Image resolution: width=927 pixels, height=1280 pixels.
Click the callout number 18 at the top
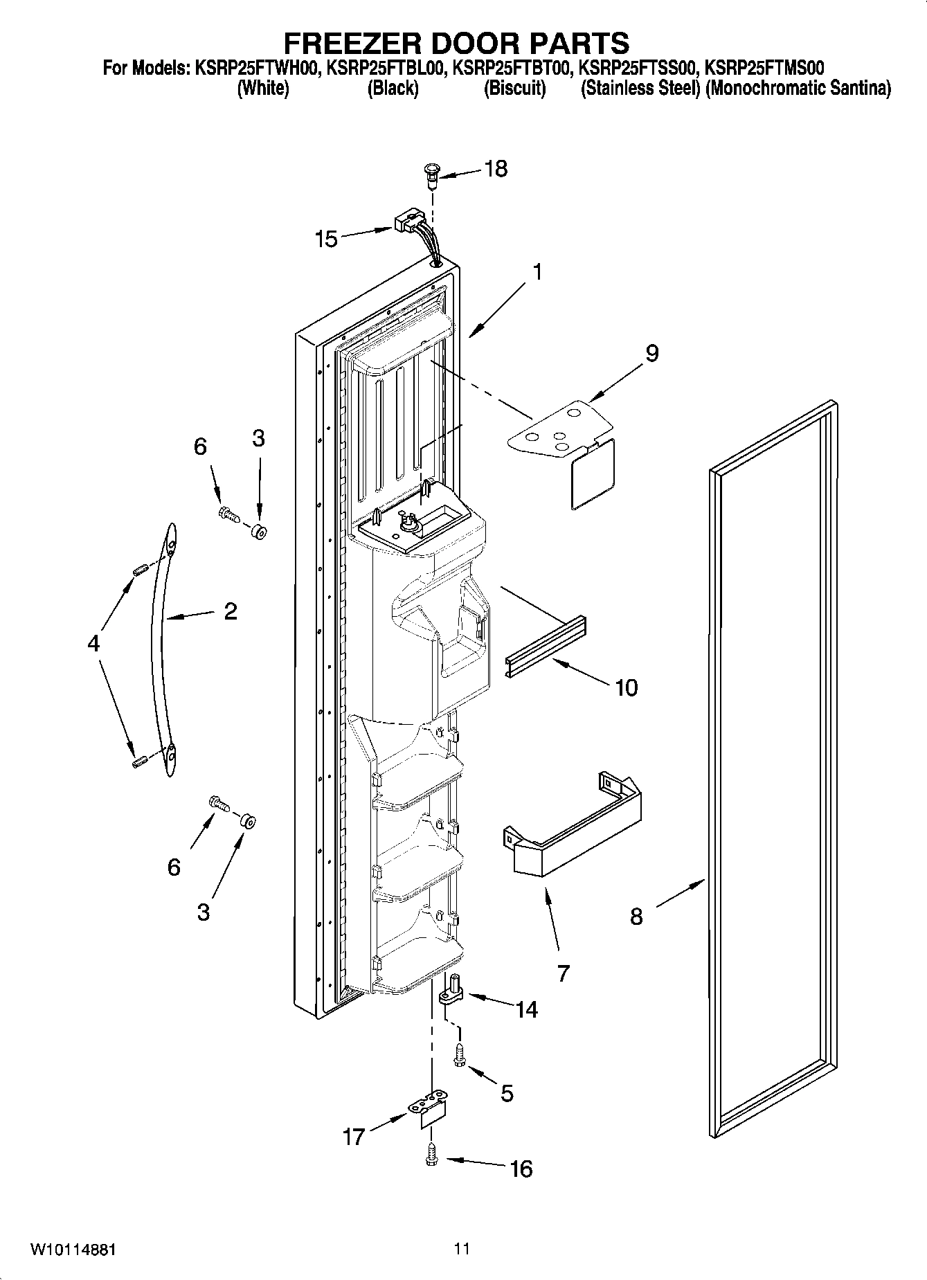click(496, 168)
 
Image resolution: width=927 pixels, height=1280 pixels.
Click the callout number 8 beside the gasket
click(636, 917)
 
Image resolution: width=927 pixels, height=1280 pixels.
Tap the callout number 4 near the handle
click(93, 643)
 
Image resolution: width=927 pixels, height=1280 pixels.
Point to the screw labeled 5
click(458, 1056)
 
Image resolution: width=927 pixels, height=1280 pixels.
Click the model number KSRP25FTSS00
click(638, 69)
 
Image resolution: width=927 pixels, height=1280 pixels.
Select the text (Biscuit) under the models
click(514, 88)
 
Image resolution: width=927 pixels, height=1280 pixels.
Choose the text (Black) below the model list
click(393, 88)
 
